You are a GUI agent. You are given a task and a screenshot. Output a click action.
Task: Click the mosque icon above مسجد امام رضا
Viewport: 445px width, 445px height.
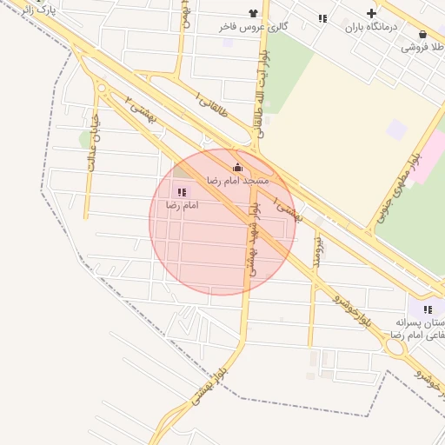(237, 167)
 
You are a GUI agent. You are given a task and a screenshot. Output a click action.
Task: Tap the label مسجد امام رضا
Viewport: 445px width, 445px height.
(237, 180)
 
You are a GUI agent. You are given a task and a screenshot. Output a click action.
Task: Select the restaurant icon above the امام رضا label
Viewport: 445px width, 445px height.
(182, 192)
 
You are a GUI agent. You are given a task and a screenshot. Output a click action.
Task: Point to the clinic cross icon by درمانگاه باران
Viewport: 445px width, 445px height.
(372, 13)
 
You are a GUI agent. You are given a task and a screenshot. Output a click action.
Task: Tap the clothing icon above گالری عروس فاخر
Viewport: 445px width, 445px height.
(253, 13)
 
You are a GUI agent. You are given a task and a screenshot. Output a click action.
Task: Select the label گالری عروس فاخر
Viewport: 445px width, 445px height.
(253, 27)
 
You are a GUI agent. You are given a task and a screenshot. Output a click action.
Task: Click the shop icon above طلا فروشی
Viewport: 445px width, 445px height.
(422, 35)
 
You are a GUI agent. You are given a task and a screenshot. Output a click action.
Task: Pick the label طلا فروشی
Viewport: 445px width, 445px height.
(423, 48)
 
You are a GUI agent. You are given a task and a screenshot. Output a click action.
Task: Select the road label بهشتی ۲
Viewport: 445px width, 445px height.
(140, 109)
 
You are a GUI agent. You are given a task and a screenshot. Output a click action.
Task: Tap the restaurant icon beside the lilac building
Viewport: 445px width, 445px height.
(428, 309)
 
